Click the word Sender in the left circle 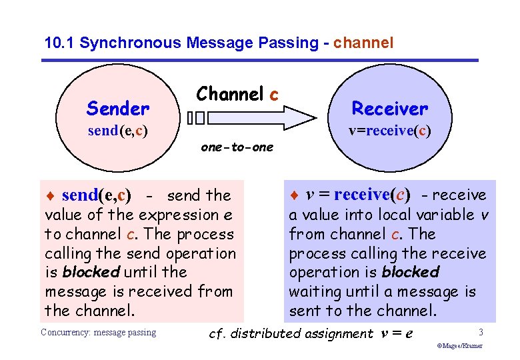point(118,108)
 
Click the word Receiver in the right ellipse point(390,108)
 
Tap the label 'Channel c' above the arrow point(237,95)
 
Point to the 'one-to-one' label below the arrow point(237,147)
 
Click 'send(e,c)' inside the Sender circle point(117,131)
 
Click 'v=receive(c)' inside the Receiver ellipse point(390,130)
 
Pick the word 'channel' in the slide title point(363,43)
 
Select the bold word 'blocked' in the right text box point(411,272)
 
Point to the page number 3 point(481,331)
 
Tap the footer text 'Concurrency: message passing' point(98,332)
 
